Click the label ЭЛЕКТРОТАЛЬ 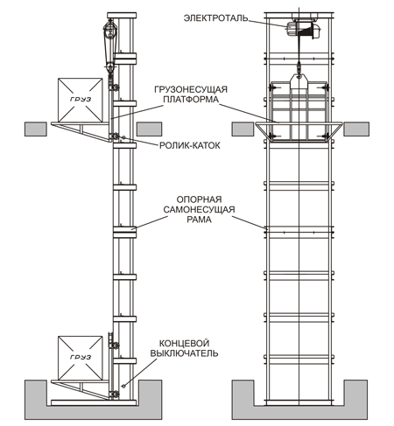(215, 18)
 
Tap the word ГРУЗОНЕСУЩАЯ (191, 89)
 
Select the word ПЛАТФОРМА (191, 100)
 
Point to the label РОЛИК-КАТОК (190, 145)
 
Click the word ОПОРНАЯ (199, 199)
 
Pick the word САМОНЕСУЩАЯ (199, 209)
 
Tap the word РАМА (199, 220)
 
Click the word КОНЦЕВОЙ (184, 343)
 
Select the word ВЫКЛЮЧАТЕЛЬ (184, 353)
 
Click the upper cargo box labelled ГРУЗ (81, 100)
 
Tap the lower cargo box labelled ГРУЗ (81, 358)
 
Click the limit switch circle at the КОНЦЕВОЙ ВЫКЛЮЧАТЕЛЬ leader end (123, 386)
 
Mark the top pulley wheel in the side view (110, 28)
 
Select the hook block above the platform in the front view (299, 82)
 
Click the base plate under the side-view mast (94, 402)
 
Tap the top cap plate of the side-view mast (122, 15)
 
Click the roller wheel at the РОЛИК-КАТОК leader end (114, 136)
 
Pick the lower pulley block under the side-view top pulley (109, 67)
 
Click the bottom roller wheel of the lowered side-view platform (114, 395)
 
